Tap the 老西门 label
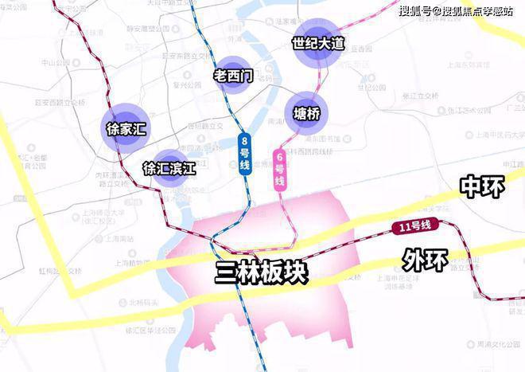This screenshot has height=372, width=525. [x=234, y=76]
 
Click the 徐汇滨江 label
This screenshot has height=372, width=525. [x=169, y=168]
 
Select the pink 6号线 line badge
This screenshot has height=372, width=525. [x=279, y=168]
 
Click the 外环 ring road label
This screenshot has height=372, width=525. [x=425, y=259]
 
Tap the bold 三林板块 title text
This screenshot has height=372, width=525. [x=261, y=273]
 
